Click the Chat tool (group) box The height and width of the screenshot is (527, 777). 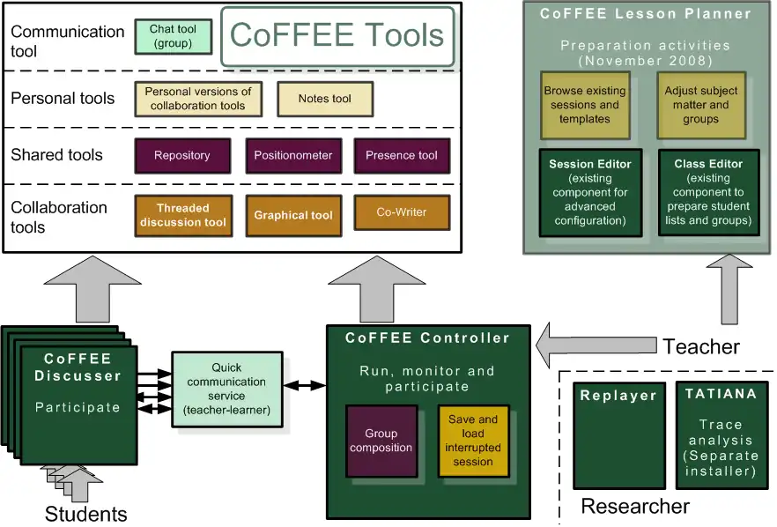click(x=173, y=35)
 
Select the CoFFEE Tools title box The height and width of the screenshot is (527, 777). click(x=337, y=36)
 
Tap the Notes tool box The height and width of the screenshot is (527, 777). click(x=324, y=99)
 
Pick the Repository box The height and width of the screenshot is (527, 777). click(x=181, y=155)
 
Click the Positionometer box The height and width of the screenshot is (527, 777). click(x=292, y=155)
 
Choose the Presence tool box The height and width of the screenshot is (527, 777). click(x=401, y=155)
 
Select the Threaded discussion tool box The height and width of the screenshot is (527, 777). click(x=182, y=215)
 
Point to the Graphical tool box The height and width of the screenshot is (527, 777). click(x=292, y=215)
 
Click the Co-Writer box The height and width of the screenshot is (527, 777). click(x=401, y=212)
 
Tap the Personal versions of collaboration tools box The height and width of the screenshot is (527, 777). click(x=197, y=99)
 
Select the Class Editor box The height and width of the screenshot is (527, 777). click(x=707, y=192)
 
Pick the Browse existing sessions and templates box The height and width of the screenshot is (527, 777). click(x=584, y=105)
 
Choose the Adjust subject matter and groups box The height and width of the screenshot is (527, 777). click(x=700, y=105)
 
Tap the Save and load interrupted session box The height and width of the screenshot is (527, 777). click(x=472, y=441)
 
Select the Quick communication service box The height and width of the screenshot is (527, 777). click(x=226, y=390)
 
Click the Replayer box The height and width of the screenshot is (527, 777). click(x=617, y=435)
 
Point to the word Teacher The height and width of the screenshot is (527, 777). click(x=701, y=346)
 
